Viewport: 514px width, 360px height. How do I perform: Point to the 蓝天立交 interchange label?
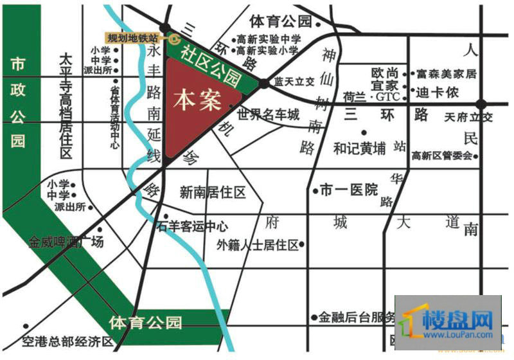click(x=294, y=83)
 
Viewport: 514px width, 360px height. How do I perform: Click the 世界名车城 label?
click(x=268, y=116)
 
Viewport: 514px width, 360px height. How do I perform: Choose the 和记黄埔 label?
click(x=359, y=148)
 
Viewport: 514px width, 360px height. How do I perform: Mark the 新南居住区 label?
click(x=213, y=192)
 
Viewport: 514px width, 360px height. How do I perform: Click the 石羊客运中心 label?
click(x=192, y=226)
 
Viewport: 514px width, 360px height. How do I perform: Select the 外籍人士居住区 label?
click(x=258, y=244)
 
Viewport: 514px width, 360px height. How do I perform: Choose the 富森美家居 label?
click(x=446, y=74)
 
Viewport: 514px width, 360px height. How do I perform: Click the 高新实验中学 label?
click(x=268, y=38)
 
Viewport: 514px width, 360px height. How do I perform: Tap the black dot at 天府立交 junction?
click(x=481, y=104)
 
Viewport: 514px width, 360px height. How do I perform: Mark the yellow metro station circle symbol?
click(x=164, y=38)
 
